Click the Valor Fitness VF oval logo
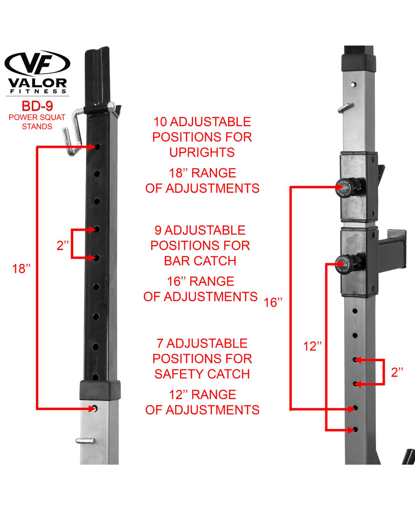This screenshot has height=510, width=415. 37,63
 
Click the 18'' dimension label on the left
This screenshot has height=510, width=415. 21,269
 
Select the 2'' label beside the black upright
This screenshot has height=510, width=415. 63,246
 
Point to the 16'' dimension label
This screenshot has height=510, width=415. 273,302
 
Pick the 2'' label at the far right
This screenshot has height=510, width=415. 397,372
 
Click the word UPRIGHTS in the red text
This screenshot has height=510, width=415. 202,153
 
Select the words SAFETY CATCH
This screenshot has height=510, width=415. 202,374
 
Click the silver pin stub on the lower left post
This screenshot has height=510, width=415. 85,441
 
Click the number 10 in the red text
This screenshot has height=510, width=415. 160,122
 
